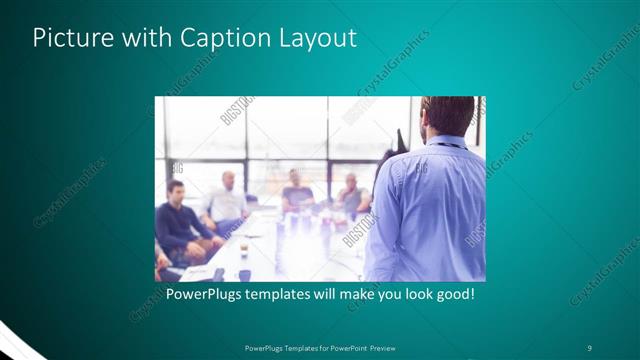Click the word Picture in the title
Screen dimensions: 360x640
point(68,38)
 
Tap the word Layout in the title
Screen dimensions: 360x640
point(313,38)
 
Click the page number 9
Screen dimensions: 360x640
point(590,347)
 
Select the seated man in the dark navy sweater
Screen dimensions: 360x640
point(176,220)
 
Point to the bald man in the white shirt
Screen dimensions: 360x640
point(226,200)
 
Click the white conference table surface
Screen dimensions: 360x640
point(270,250)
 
